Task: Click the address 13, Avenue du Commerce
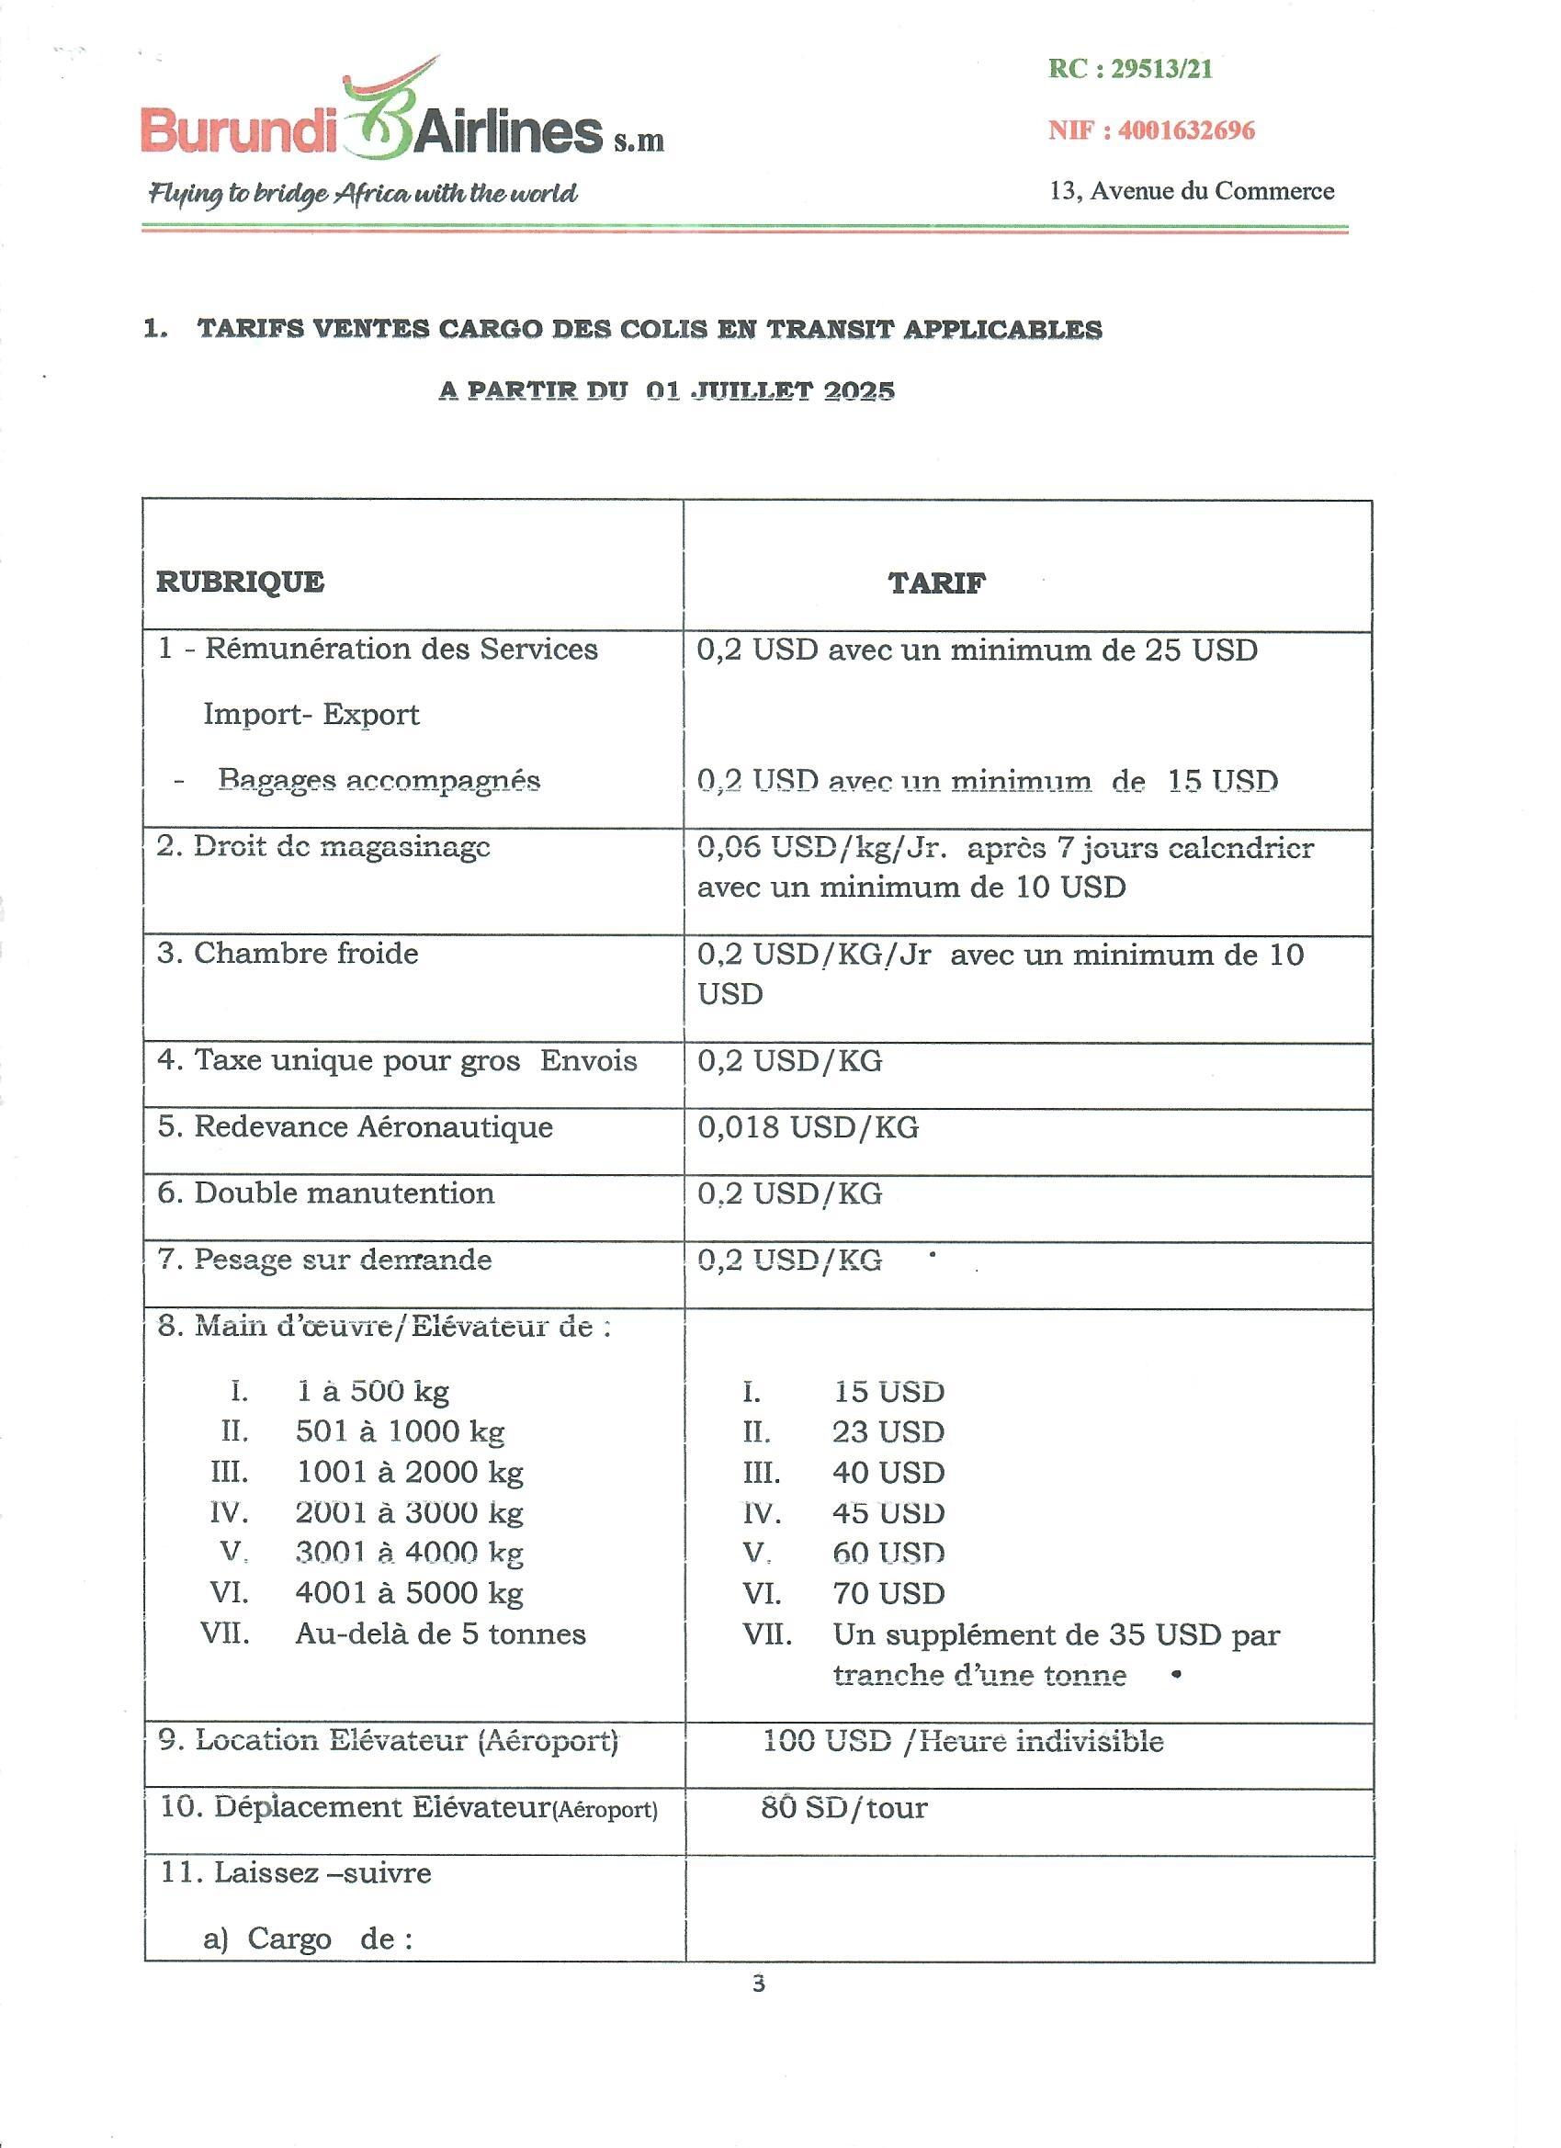(x=1192, y=191)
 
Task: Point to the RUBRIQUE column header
(x=240, y=582)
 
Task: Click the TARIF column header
(x=936, y=583)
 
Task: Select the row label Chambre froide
(x=288, y=953)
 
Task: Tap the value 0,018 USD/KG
(x=807, y=1127)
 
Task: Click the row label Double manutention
(x=326, y=1193)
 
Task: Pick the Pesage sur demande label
(x=324, y=1260)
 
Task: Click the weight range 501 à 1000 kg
(x=400, y=1432)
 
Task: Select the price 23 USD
(x=888, y=1432)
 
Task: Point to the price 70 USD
(x=888, y=1593)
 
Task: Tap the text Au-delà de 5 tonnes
(x=440, y=1634)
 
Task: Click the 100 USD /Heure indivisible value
(x=962, y=1741)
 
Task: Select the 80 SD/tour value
(x=844, y=1807)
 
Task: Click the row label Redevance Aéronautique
(x=356, y=1127)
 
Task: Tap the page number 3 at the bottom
(x=758, y=1984)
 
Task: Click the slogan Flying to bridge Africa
(x=363, y=194)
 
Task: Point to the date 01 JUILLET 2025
(x=769, y=391)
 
